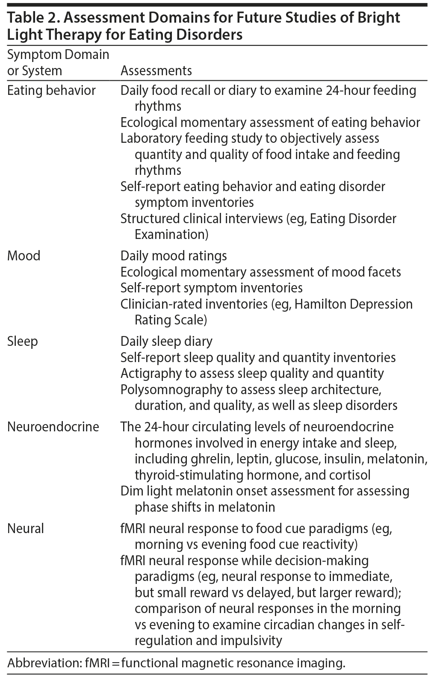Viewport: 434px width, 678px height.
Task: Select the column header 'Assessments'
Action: point(156,71)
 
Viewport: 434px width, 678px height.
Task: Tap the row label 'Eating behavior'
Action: point(51,91)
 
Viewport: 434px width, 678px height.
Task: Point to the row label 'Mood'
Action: point(24,256)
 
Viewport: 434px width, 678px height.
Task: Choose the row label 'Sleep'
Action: point(23,342)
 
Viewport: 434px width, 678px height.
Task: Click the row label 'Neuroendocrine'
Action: point(53,427)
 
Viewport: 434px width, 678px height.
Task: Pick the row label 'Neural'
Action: point(26,528)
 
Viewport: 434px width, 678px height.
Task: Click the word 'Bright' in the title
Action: point(378,18)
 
